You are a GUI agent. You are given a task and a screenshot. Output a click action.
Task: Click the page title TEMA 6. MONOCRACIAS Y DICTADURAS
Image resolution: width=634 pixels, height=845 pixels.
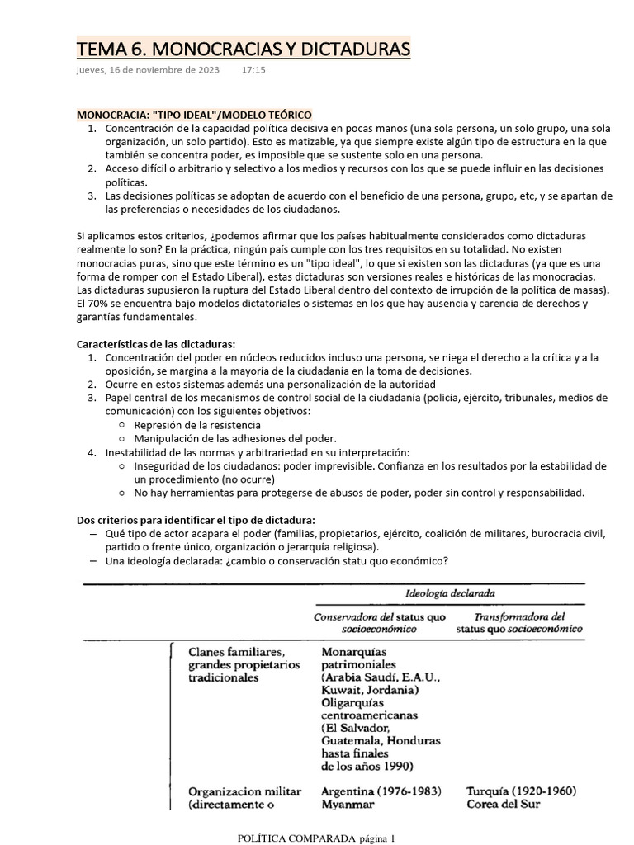tap(243, 50)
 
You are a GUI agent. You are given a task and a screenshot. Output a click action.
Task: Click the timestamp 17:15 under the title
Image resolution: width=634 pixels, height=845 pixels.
tap(253, 71)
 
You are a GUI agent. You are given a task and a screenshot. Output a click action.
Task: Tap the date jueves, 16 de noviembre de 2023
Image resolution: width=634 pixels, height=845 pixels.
tap(148, 71)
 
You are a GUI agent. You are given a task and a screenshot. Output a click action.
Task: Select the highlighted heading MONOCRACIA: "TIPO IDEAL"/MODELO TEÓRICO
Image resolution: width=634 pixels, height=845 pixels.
tap(194, 115)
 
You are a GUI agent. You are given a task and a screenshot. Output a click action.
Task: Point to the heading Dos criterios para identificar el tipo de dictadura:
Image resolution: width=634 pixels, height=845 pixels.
tap(196, 520)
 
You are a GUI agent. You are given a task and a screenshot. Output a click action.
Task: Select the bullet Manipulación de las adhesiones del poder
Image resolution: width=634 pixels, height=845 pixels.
tap(235, 437)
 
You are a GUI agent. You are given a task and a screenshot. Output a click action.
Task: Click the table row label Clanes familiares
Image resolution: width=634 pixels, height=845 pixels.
tap(237, 650)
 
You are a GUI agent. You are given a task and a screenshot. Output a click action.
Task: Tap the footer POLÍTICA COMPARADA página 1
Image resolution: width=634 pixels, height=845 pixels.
tap(316, 838)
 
